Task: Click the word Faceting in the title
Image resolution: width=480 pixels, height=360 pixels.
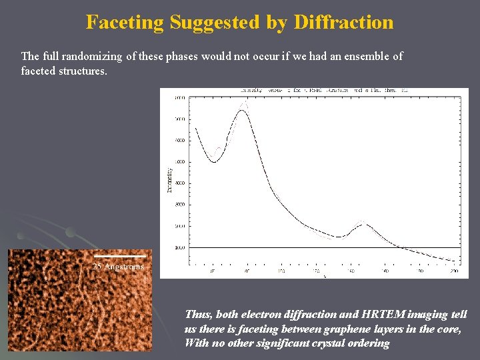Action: pos(125,23)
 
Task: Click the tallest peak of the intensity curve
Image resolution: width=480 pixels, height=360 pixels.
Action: pos(243,110)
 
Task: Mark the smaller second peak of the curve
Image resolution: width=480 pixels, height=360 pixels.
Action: pos(363,225)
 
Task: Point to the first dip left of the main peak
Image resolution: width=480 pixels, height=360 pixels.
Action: pos(214,161)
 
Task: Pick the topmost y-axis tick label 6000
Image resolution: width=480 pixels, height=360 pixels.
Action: pos(180,98)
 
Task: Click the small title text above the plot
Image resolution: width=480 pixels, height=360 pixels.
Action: pos(313,89)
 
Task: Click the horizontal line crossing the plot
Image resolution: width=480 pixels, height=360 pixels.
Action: pos(320,247)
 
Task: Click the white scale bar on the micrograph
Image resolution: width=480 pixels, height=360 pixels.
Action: pos(119,256)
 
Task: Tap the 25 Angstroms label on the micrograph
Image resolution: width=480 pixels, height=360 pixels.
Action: pos(118,267)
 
